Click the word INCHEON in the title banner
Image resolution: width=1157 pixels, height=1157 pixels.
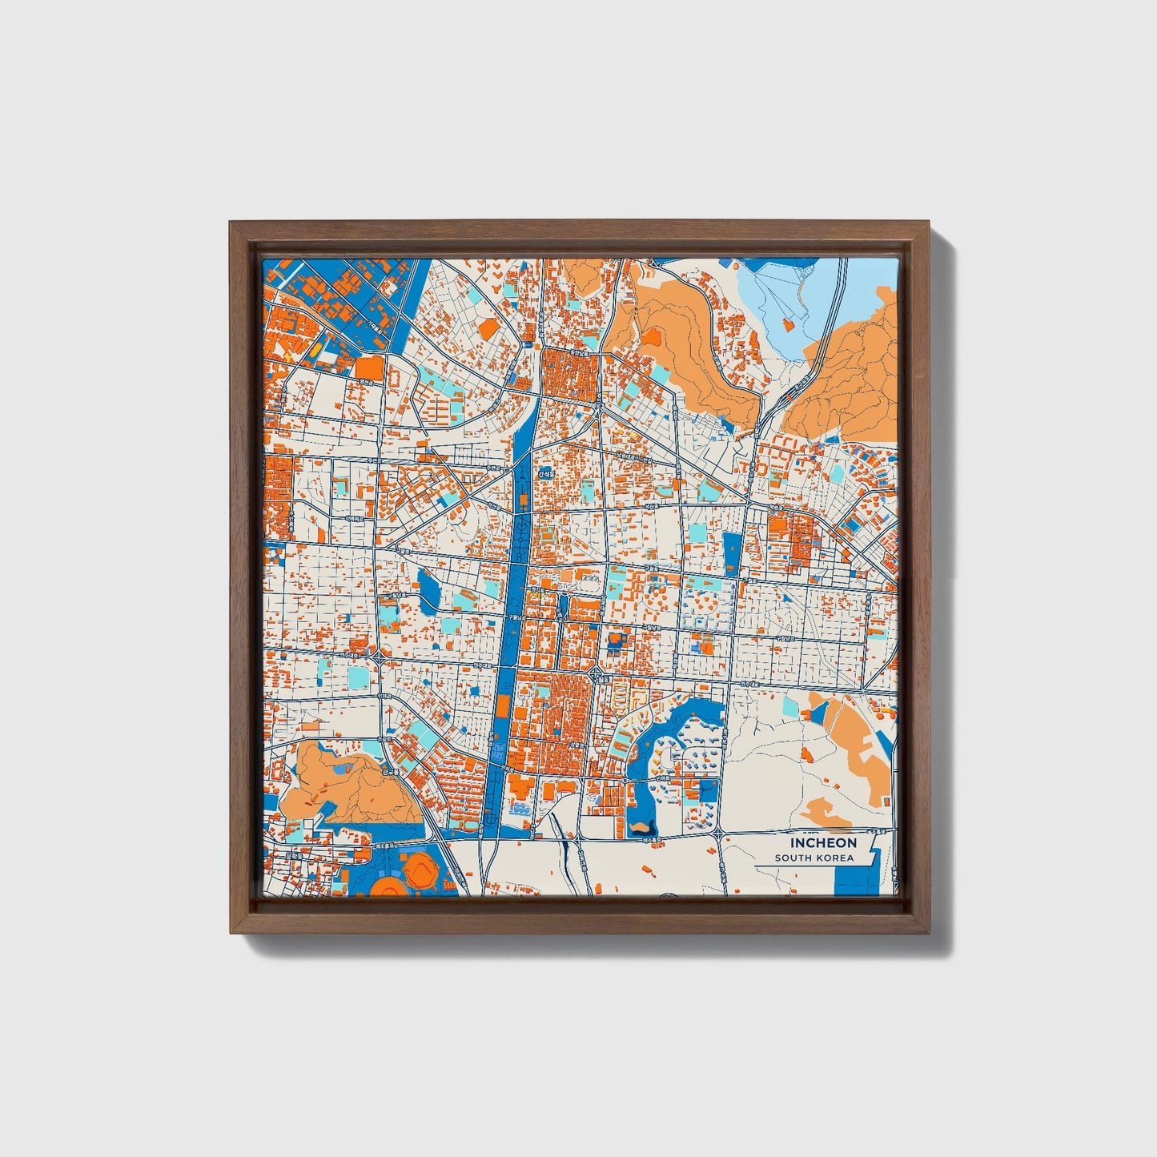coord(824,842)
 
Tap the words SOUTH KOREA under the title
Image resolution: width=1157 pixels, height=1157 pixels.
coord(814,858)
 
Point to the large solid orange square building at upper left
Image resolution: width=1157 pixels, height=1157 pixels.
coord(369,368)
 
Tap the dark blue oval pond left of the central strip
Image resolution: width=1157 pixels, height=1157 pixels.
coord(428,589)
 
